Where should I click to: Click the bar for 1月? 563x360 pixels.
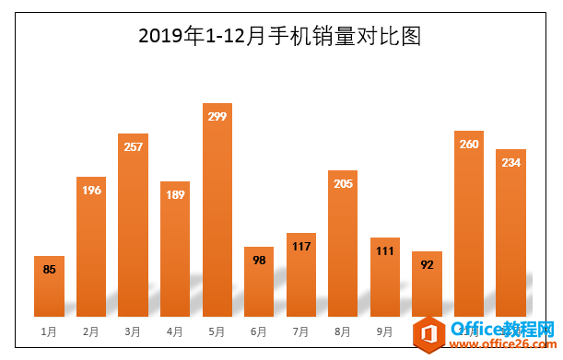coord(49,286)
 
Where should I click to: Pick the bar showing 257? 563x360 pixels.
coord(133,226)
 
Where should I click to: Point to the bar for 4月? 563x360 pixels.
coord(175,249)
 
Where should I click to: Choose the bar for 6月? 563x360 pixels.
coord(259,282)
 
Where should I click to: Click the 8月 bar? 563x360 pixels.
coord(343,243)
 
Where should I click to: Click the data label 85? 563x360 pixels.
coord(49,270)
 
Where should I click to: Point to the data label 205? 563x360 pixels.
coord(343,183)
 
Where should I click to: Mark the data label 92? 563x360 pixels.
coord(427,265)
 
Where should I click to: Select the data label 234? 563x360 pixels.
coord(510,163)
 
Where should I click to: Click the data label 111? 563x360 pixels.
coord(385,251)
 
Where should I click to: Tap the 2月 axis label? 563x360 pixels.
coord(91,331)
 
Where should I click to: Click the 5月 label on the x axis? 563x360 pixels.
coord(217,331)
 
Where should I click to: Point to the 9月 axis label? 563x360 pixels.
coord(385,331)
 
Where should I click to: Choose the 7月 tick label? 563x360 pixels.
coord(301,331)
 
